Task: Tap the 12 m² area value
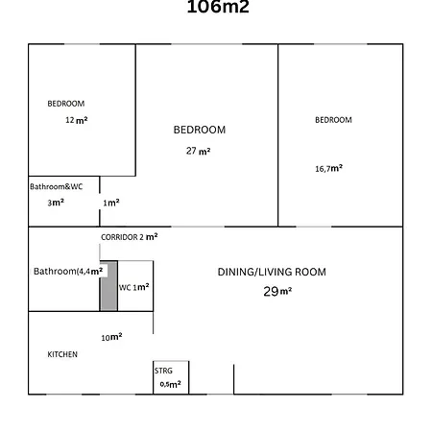tap(77, 121)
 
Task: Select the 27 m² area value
tap(199, 151)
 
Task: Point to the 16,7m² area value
tap(329, 168)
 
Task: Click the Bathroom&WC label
tap(57, 186)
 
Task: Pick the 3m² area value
tap(56, 203)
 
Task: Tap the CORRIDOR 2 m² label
tap(130, 236)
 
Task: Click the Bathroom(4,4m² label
tap(68, 272)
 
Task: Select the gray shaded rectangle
tap(108, 286)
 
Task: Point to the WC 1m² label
tap(133, 287)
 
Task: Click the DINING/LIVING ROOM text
tap(272, 273)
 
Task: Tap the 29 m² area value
tap(277, 291)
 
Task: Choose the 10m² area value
tap(112, 337)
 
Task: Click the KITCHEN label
tap(62, 354)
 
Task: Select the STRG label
tap(163, 370)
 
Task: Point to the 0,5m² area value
tap(170, 384)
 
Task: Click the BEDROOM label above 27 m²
tap(200, 130)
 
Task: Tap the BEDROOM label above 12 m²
tap(66, 104)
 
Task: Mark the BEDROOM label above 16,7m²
tap(333, 120)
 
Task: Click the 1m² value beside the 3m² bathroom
tap(111, 203)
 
